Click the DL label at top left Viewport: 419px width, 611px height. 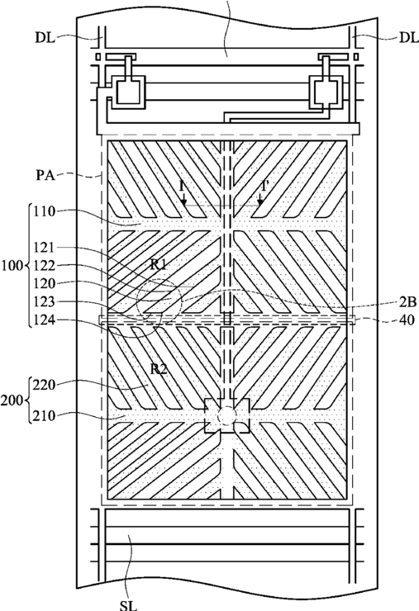point(45,38)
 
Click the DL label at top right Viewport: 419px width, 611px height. point(408,38)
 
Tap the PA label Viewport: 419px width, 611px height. point(45,175)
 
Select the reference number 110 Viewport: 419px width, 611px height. point(44,211)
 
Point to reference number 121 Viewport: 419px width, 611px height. point(44,248)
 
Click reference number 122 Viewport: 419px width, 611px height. point(44,265)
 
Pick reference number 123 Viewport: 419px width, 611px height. point(44,302)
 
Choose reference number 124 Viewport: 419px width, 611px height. point(44,320)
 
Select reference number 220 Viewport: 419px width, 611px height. point(44,386)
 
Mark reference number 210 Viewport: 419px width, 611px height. point(44,416)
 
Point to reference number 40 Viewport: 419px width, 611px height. point(407,320)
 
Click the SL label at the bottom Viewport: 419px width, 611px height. point(128,605)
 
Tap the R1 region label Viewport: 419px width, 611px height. point(159,265)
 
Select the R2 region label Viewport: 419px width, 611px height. point(159,368)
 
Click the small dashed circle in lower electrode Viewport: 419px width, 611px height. point(226,416)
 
